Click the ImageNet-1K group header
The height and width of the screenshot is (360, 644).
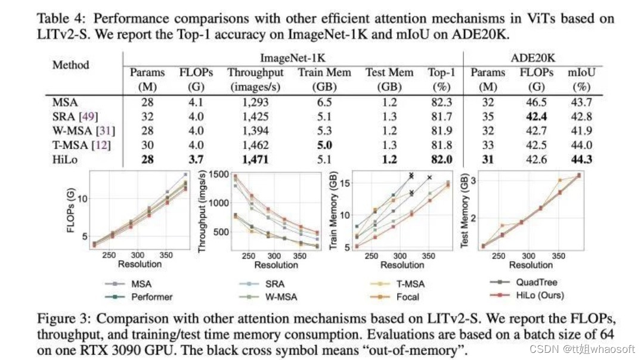pyautogui.click(x=293, y=58)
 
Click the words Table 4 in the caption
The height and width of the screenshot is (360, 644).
pyautogui.click(x=59, y=19)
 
